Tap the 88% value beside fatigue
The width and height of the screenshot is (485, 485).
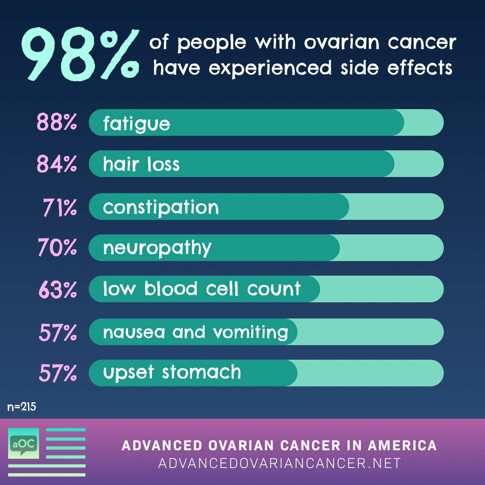coord(57,122)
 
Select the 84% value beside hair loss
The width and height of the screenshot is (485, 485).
coord(57,164)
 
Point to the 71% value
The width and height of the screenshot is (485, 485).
coord(60,207)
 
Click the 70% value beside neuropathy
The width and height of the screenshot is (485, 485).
coord(57,247)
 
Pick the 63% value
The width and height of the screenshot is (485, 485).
coord(57,290)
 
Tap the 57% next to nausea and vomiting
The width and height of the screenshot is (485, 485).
coord(58,333)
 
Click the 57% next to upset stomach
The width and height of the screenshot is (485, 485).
coord(58,373)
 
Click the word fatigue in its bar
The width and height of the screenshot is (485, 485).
coord(137,124)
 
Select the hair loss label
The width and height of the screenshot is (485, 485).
coord(141,164)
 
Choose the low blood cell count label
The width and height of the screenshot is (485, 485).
coord(202,289)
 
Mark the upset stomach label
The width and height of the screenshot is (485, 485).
coord(172,372)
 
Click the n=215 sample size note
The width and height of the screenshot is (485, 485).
coord(22,407)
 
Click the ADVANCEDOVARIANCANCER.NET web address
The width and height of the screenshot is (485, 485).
coord(279,463)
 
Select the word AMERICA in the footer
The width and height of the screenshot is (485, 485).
coord(402,445)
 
